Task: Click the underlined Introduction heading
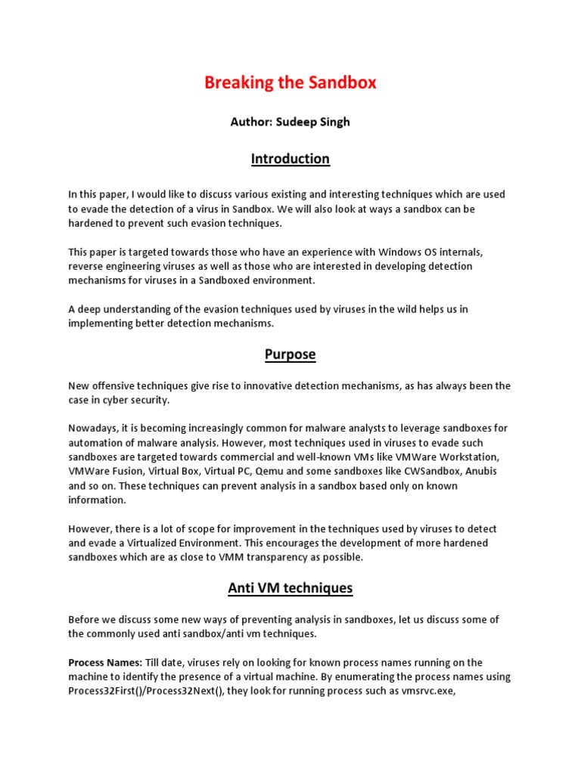[x=290, y=159]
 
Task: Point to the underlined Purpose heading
[x=290, y=354]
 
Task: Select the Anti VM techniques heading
[x=290, y=587]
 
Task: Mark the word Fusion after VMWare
[x=129, y=471]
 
